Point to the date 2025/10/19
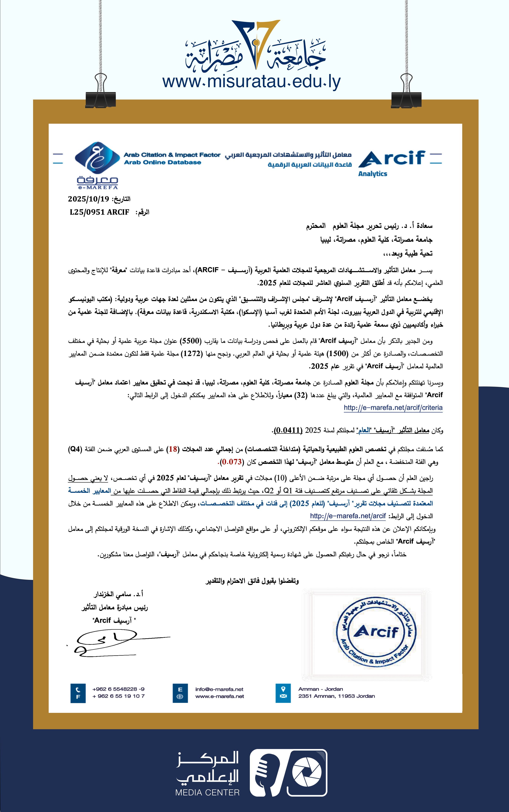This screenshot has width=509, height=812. (x=89, y=199)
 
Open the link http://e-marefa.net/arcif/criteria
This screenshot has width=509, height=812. (x=393, y=408)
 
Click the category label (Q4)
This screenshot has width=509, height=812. (x=75, y=449)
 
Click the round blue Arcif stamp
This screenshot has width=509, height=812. (x=376, y=632)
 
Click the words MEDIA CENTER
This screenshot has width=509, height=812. (x=207, y=792)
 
